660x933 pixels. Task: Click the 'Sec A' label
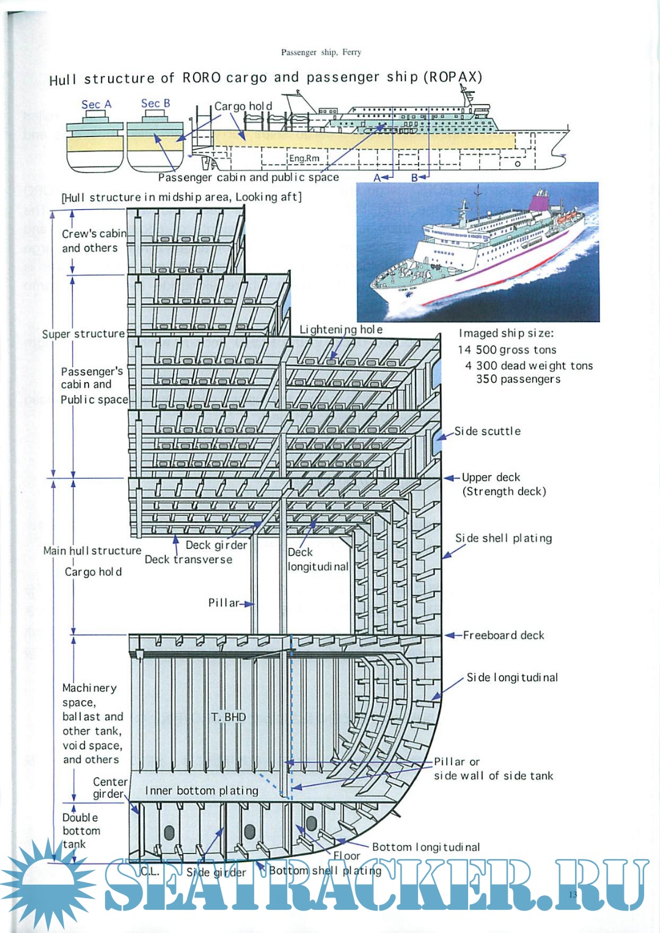(x=97, y=105)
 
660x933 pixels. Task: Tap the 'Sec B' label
(x=155, y=104)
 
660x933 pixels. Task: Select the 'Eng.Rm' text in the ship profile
(x=304, y=158)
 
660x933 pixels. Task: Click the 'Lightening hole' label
(x=341, y=330)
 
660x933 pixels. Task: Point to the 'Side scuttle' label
(x=487, y=431)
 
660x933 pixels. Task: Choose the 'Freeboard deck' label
(x=503, y=635)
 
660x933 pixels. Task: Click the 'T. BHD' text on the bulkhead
(x=229, y=717)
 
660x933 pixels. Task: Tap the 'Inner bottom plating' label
(x=202, y=791)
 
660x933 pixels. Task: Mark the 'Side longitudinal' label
(x=512, y=677)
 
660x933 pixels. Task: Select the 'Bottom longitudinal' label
(x=426, y=847)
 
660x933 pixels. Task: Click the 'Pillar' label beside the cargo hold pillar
(x=224, y=603)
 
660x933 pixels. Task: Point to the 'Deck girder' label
(x=216, y=545)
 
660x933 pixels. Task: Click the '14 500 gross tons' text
(x=507, y=350)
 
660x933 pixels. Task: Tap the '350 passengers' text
(x=518, y=379)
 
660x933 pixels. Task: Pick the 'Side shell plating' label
(x=504, y=538)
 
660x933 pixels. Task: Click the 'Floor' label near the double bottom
(x=346, y=856)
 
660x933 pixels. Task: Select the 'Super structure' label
(x=83, y=334)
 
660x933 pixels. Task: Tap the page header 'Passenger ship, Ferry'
(x=321, y=53)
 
